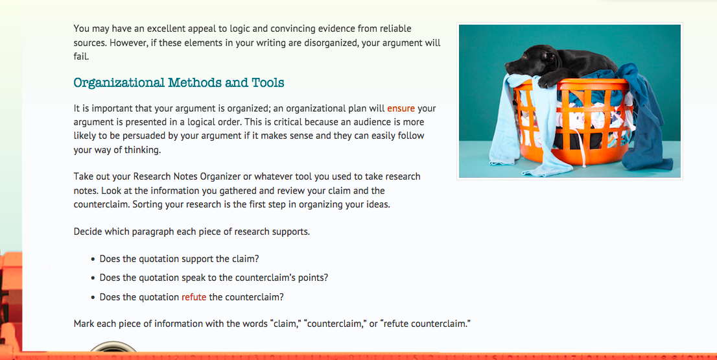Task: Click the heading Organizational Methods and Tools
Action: click(x=179, y=83)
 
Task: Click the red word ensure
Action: click(x=401, y=108)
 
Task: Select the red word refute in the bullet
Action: click(x=194, y=297)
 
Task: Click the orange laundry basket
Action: click(x=572, y=121)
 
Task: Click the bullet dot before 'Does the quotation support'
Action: click(x=93, y=259)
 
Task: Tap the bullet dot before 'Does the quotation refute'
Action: click(x=93, y=298)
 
